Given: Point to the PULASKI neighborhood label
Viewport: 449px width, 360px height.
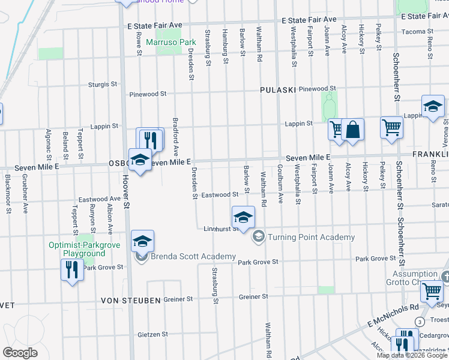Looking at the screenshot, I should click(x=278, y=89).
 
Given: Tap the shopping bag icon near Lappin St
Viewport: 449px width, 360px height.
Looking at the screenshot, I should click(x=354, y=130).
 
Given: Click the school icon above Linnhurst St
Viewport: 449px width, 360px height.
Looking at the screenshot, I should click(x=243, y=217).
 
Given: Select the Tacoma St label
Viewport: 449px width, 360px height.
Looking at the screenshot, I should click(x=417, y=31).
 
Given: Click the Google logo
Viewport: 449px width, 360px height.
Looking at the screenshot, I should click(x=20, y=353).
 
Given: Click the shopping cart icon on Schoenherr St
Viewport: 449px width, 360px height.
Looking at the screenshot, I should click(x=391, y=128).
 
